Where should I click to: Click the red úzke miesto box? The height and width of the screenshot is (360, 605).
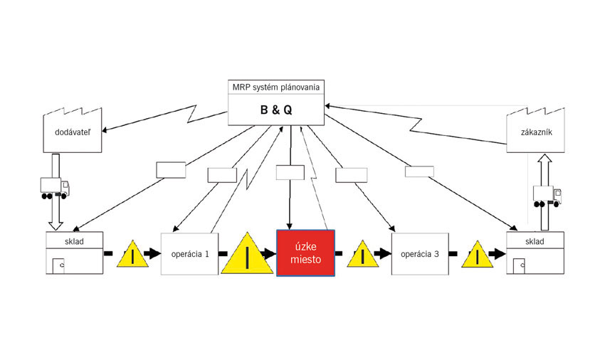tap(305, 253)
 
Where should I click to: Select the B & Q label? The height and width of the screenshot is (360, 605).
tap(276, 110)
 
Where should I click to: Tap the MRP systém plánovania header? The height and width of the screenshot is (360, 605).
tap(276, 88)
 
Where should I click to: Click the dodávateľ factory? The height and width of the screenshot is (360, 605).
tap(73, 130)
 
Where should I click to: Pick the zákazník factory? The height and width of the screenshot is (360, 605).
tap(535, 130)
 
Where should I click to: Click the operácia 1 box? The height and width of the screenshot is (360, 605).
tap(189, 254)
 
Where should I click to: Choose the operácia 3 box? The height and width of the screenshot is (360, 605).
tap(420, 254)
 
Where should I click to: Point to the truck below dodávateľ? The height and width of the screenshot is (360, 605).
tap(55, 188)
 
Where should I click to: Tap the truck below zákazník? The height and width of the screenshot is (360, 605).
tap(547, 196)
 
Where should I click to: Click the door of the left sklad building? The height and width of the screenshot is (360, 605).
tap(58, 266)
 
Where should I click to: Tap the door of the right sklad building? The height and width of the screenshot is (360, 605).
tap(519, 266)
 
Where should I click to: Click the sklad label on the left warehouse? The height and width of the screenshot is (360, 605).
tap(74, 242)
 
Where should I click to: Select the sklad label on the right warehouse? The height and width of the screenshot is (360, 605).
tap(535, 242)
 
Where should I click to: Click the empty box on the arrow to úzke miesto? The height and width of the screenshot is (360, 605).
tap(290, 172)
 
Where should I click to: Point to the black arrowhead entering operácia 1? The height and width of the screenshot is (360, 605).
tap(153, 253)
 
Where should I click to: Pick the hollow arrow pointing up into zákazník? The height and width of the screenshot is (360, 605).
tap(544, 192)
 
